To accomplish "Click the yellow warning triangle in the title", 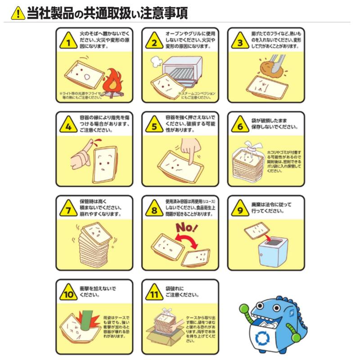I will pos(18,13).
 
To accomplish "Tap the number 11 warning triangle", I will pos(154,294).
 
